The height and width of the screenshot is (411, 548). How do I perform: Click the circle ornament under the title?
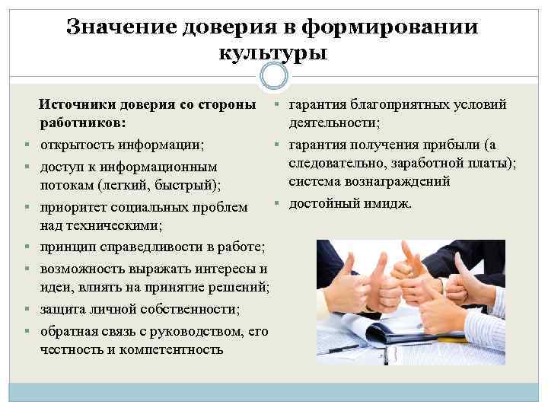274,76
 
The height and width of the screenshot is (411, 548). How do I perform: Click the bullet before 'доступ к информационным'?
27,167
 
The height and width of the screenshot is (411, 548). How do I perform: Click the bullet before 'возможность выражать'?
27,269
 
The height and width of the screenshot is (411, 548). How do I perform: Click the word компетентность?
172,349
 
